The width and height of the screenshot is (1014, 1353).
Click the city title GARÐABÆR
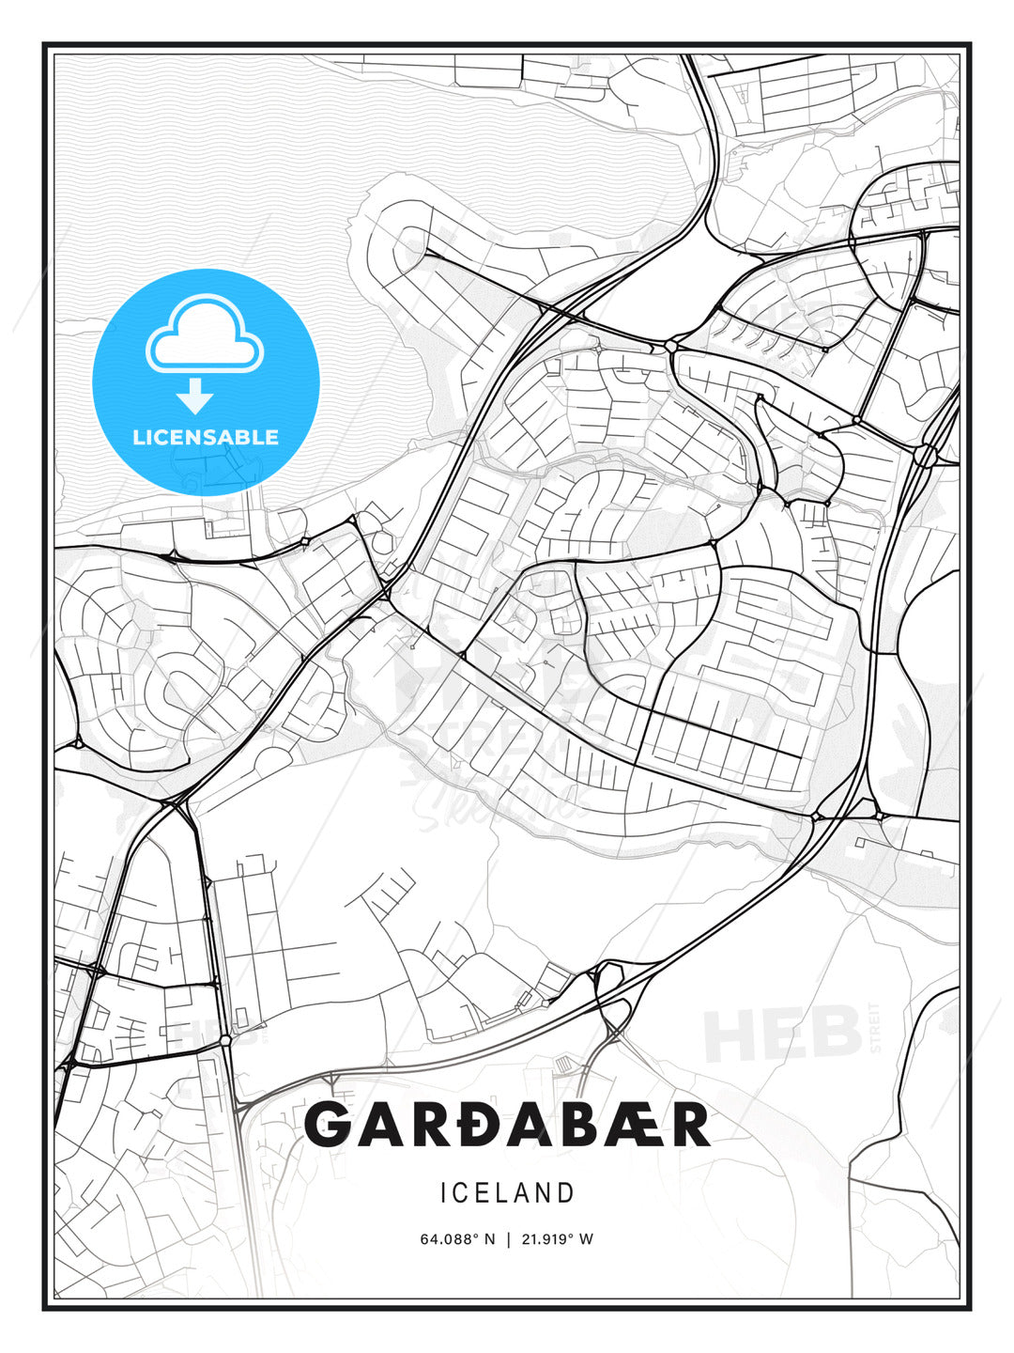coord(507,1125)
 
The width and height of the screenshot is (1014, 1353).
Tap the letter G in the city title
coord(329,1125)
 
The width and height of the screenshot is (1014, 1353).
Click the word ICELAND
coord(507,1193)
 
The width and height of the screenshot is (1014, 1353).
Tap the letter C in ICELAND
coord(465,1193)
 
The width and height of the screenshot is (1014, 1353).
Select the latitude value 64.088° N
coord(457,1239)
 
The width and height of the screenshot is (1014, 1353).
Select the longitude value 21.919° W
coord(557,1239)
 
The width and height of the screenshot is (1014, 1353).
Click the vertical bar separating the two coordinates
coord(508,1239)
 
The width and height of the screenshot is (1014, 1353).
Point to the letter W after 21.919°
coord(587,1239)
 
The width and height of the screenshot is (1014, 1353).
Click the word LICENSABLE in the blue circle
coord(206,437)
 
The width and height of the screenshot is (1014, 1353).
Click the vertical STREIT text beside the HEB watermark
coord(876,1028)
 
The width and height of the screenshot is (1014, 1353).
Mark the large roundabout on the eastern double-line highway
coord(924,456)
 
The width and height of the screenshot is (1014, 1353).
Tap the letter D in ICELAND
coord(566,1193)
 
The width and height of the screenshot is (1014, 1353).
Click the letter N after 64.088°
coord(488,1239)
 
